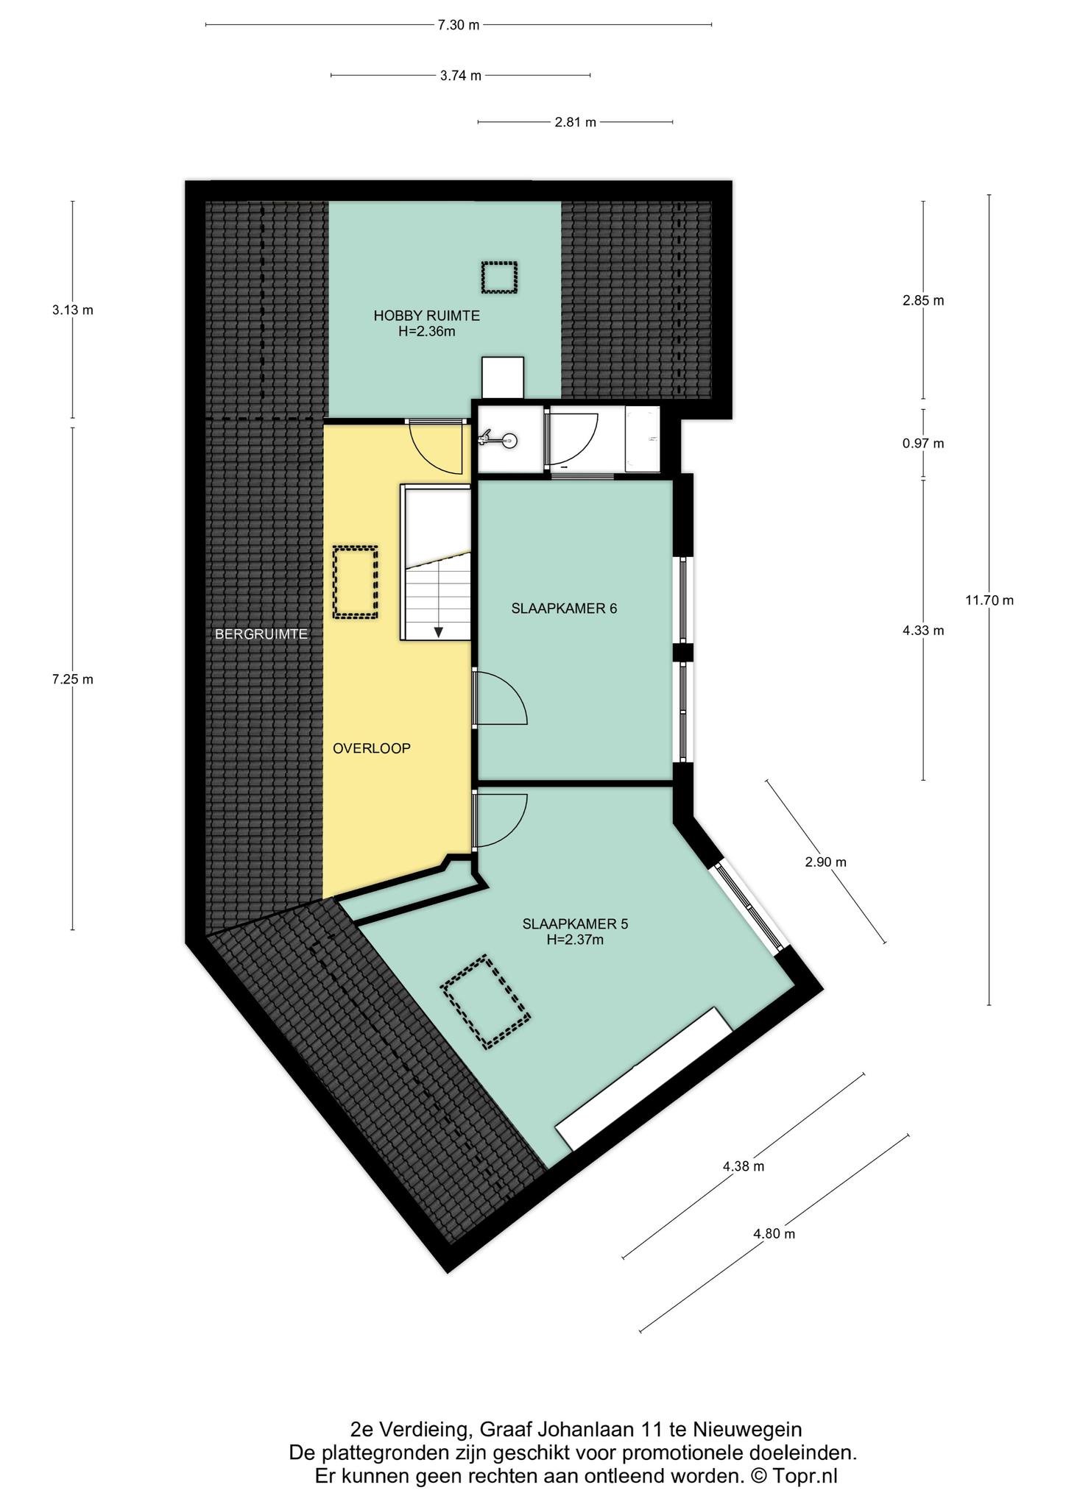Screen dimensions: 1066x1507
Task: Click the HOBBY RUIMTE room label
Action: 426,316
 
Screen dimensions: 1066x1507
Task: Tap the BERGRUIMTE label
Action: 261,634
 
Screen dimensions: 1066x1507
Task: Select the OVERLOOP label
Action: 371,748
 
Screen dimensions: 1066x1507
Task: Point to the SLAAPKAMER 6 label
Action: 564,609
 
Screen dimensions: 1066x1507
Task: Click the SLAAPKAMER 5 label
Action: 575,923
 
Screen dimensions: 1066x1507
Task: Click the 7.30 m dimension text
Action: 458,25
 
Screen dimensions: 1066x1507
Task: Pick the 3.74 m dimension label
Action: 461,75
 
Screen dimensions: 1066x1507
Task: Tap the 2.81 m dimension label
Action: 576,122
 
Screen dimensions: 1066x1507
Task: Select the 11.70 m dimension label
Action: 989,600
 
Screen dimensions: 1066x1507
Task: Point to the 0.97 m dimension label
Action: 923,444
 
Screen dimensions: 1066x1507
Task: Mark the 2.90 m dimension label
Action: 825,862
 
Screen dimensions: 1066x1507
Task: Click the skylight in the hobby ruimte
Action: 500,277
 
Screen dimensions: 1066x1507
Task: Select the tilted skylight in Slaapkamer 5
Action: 487,1001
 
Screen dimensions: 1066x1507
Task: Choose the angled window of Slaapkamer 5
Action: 748,907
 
